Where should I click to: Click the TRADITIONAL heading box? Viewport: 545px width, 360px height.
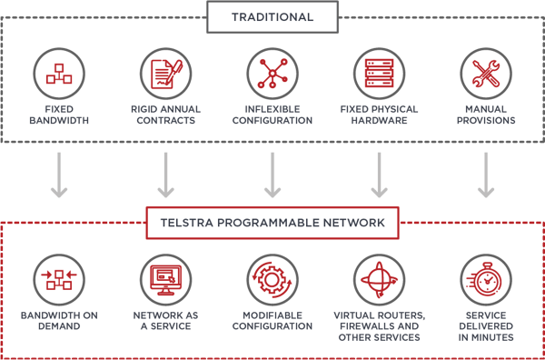click(271, 16)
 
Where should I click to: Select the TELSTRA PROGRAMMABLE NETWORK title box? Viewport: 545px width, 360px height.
click(272, 221)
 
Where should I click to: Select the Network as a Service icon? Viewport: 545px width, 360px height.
click(165, 279)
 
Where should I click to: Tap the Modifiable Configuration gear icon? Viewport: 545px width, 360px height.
click(272, 279)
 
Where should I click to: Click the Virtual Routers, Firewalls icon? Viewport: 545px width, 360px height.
click(379, 279)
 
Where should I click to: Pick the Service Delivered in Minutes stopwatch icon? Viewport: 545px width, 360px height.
click(486, 279)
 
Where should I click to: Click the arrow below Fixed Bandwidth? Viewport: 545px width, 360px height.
click(58, 175)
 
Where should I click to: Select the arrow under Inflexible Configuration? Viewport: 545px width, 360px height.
click(272, 175)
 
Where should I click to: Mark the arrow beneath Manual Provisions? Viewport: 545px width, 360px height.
click(486, 175)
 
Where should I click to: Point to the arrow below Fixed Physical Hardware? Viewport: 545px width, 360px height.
click(379, 175)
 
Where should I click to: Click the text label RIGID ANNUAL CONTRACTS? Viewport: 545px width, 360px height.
click(165, 115)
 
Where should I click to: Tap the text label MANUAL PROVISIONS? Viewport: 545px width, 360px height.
click(486, 115)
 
